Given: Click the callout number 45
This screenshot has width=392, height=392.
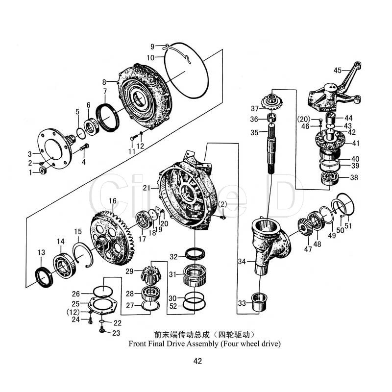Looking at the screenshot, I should (x=338, y=70).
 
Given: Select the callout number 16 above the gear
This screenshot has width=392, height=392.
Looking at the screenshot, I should (x=113, y=201).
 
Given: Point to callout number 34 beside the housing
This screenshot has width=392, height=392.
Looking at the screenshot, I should (x=241, y=262).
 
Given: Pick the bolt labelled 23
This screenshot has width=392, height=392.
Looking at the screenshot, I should (x=101, y=332).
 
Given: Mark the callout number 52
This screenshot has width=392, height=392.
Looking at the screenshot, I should (x=172, y=306).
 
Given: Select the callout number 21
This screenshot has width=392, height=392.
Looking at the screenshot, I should (x=147, y=188).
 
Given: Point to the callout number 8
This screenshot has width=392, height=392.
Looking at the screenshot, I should (x=104, y=82).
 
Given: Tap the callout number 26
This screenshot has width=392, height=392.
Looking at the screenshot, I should (x=75, y=294).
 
